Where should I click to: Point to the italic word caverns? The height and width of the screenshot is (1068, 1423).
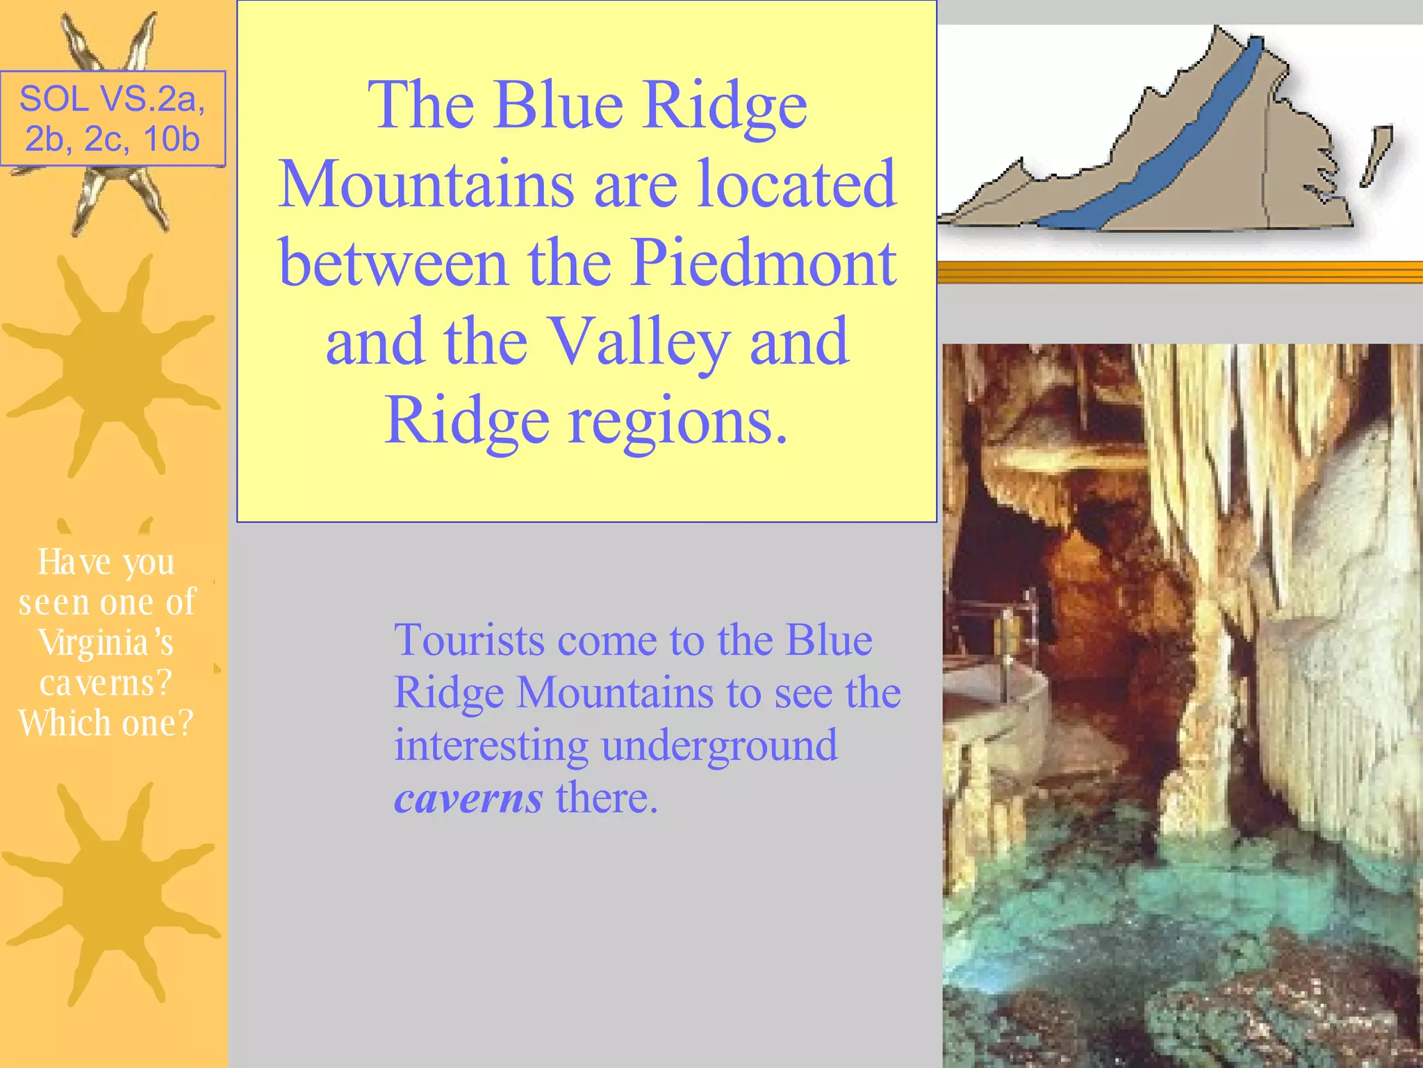coord(468,798)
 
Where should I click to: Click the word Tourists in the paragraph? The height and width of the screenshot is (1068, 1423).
coord(469,640)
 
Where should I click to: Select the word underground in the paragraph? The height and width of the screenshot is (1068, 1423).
coord(719,745)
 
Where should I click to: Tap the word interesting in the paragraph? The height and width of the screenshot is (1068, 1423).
coord(491,745)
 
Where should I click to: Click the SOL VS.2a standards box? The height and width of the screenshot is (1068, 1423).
coord(113,118)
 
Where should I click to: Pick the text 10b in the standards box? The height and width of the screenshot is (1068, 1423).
coord(171,139)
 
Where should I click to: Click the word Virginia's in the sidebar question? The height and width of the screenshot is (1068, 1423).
coord(106,642)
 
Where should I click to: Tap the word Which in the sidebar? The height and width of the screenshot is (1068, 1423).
coord(63,723)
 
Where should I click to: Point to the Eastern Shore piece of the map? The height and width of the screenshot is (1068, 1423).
coord(1375,154)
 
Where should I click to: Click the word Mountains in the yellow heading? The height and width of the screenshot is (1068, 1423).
coord(426,184)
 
